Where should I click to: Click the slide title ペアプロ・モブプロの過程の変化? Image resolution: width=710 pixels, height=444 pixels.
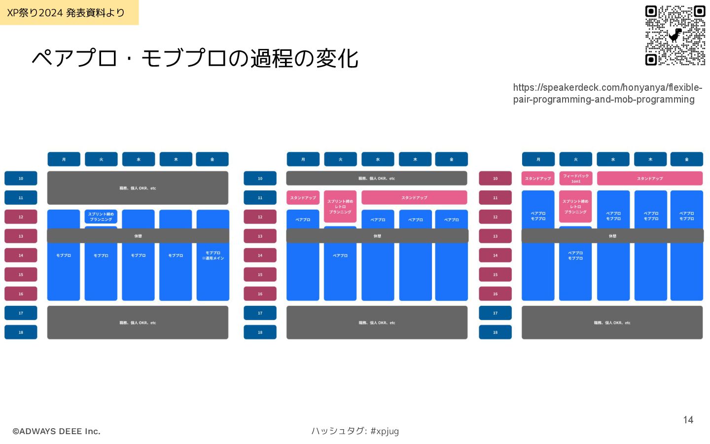pyautogui.click(x=195, y=58)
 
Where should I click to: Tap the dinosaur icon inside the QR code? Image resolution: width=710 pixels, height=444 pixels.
pyautogui.click(x=675, y=35)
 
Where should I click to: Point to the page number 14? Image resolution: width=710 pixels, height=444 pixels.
pyautogui.click(x=688, y=420)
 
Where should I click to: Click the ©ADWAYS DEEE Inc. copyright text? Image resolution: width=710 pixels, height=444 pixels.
pyautogui.click(x=56, y=431)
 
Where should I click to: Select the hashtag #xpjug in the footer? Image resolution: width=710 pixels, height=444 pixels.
pyautogui.click(x=385, y=431)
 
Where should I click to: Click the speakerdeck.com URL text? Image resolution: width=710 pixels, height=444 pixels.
pyautogui.click(x=607, y=93)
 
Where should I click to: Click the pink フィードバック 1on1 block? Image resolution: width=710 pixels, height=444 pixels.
pyautogui.click(x=575, y=178)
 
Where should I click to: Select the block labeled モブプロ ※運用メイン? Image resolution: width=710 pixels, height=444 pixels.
pyautogui.click(x=213, y=256)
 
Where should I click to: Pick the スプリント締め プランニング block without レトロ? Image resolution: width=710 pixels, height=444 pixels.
pyautogui.click(x=101, y=217)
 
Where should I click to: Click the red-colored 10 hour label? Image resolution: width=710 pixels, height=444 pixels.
pyautogui.click(x=495, y=178)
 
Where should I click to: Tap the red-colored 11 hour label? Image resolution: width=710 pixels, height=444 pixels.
pyautogui.click(x=495, y=197)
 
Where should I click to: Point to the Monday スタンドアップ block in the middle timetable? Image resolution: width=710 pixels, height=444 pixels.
pyautogui.click(x=303, y=197)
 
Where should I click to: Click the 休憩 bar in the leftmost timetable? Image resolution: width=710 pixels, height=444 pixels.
pyautogui.click(x=138, y=236)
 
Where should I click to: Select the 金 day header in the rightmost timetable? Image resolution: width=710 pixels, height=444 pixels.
pyautogui.click(x=686, y=159)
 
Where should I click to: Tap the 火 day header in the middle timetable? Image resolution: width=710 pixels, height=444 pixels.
pyautogui.click(x=340, y=159)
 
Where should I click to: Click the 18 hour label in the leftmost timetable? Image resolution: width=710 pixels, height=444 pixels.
pyautogui.click(x=21, y=332)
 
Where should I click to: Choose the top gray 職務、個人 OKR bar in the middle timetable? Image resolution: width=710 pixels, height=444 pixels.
pyautogui.click(x=377, y=178)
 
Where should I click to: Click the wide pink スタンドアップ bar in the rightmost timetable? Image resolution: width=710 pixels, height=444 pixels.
pyautogui.click(x=649, y=178)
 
